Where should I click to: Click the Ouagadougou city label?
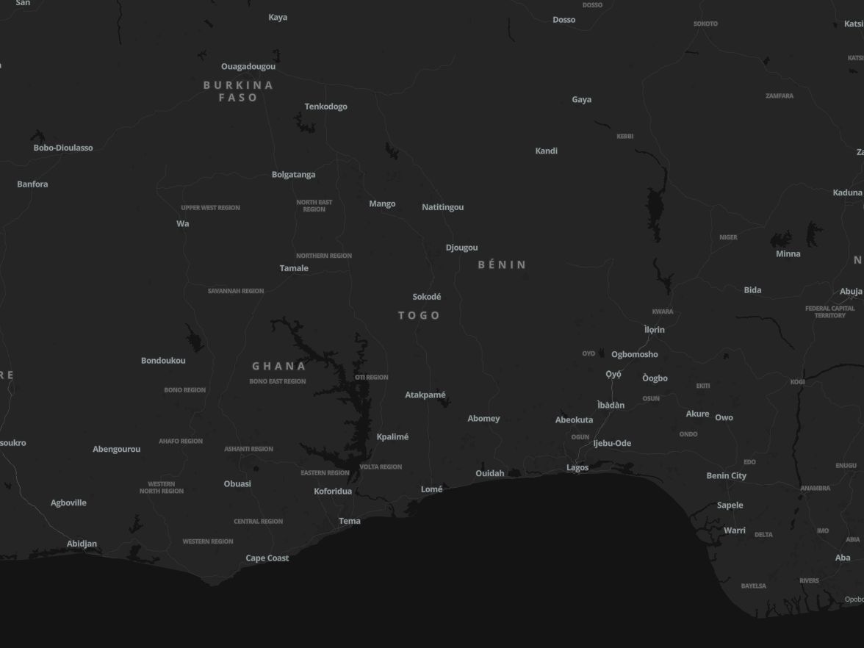(x=248, y=67)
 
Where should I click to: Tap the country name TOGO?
(x=419, y=315)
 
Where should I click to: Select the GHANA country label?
(x=278, y=366)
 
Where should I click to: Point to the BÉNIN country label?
(x=503, y=264)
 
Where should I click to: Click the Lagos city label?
(x=577, y=467)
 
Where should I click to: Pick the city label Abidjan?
(x=82, y=544)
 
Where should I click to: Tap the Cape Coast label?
(x=267, y=558)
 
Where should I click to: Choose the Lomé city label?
(x=431, y=489)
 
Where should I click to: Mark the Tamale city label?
(x=294, y=268)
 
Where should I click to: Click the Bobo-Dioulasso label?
(x=63, y=148)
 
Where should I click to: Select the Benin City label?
(x=726, y=475)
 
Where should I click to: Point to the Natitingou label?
(x=442, y=207)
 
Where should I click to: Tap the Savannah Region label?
(x=235, y=291)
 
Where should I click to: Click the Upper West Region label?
(x=210, y=208)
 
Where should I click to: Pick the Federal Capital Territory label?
(x=829, y=312)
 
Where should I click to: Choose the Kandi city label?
(x=546, y=151)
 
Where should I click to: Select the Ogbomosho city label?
(x=634, y=354)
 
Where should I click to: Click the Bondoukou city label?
(x=163, y=361)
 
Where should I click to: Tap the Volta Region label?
(x=381, y=467)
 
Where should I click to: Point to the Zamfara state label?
(x=779, y=96)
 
